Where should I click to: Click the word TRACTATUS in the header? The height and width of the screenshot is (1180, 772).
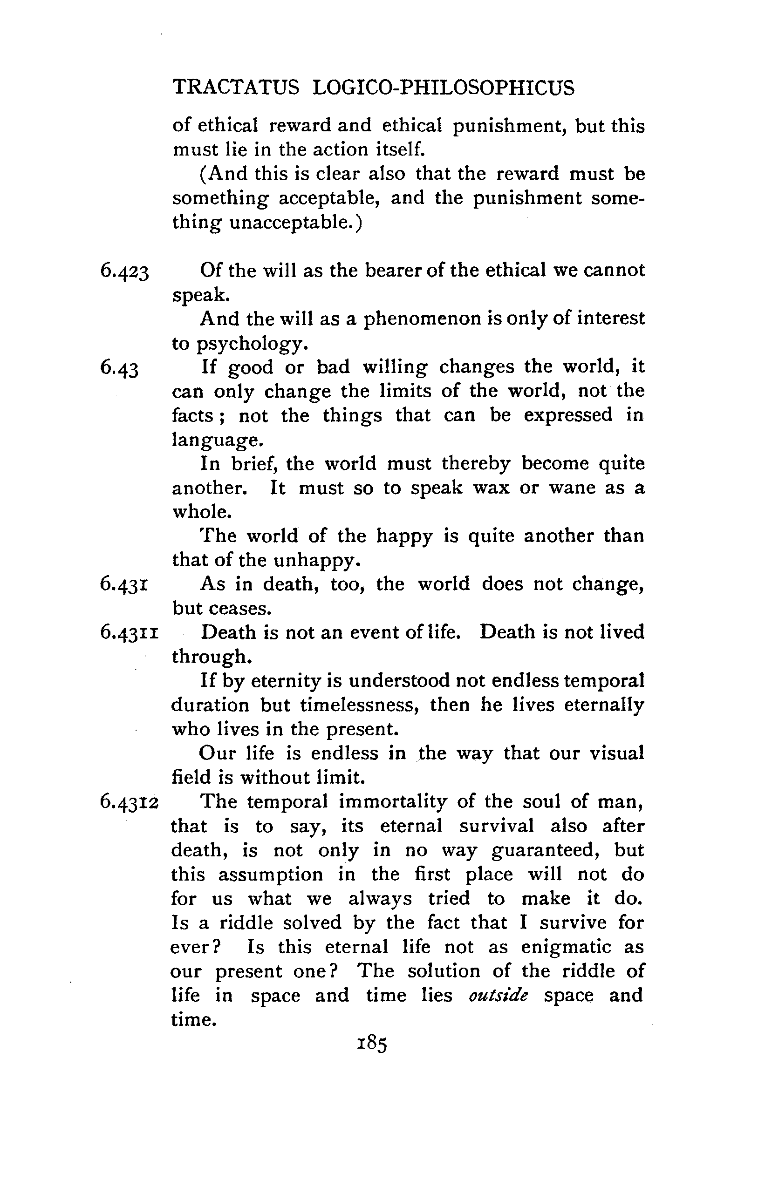coord(236,87)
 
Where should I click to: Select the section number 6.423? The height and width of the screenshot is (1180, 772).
coord(124,271)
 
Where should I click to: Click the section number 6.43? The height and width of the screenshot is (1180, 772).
coord(119,368)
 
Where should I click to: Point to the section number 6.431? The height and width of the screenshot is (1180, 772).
coord(124,584)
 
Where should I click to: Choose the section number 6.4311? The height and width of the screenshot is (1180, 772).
coord(129,633)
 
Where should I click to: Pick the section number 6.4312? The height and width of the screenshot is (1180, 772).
coord(129,802)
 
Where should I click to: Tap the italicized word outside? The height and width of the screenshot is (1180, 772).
coord(498,995)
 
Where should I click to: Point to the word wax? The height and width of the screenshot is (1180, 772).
coord(491,488)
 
